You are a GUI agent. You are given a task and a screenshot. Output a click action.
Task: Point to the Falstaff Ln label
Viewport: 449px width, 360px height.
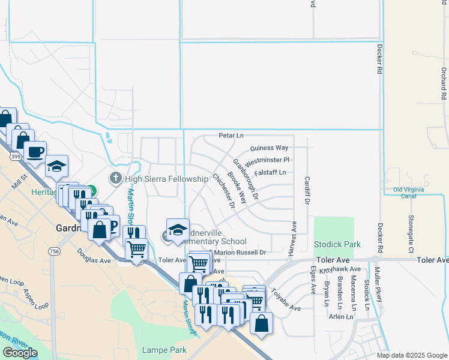pyautogui.click(x=270, y=172)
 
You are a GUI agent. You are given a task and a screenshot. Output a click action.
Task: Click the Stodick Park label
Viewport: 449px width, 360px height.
pyautogui.click(x=337, y=245)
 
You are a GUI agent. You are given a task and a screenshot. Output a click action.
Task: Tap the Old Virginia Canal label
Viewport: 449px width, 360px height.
pyautogui.click(x=413, y=193)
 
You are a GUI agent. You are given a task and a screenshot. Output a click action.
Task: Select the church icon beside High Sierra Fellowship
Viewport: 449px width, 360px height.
pyautogui.click(x=115, y=178)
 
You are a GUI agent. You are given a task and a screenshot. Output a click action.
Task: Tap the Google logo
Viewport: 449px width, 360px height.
pyautogui.click(x=20, y=353)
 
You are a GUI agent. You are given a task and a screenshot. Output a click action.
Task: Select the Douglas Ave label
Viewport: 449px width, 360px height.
pyautogui.click(x=94, y=261)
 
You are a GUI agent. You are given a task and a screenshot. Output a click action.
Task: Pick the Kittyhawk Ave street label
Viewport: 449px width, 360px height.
pyautogui.click(x=340, y=270)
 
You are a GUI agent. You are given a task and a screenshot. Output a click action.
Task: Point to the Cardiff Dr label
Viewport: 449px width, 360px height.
pyautogui.click(x=307, y=190)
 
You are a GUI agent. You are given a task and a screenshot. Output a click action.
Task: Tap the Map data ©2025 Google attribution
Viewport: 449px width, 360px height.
pyautogui.click(x=411, y=355)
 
